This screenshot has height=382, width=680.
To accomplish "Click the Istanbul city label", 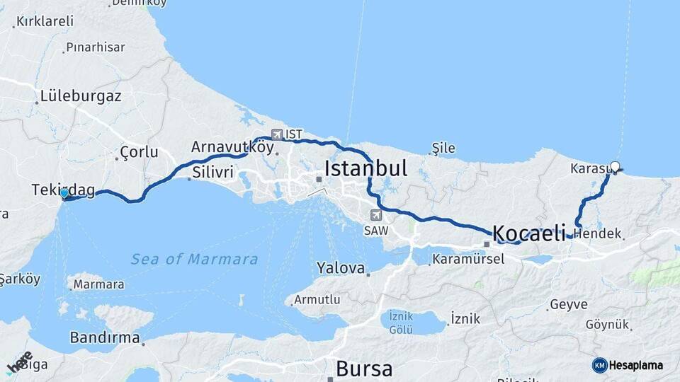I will coord(365,168).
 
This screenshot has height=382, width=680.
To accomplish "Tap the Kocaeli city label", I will coord(528,232).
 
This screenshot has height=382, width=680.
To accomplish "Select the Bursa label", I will coord(364,369).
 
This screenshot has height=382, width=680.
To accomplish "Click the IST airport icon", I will coord(276,134).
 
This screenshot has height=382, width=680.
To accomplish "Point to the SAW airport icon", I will coord(375,215).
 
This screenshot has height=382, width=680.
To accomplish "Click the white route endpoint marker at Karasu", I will coord(615,168).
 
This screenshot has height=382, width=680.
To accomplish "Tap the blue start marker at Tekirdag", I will coord(64,193).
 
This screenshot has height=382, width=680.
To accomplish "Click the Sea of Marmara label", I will coord(194,260).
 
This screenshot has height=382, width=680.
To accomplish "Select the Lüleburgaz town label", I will coord(81,96).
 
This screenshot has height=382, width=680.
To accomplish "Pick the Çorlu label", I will coord(139,152).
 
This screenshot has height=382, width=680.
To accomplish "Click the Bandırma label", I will coord(105,337).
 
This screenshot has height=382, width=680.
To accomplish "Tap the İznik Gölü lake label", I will coord(401,323).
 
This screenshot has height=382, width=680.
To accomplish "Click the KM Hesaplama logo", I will coord(628,365).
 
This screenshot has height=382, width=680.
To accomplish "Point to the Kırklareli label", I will coord(45,21).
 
